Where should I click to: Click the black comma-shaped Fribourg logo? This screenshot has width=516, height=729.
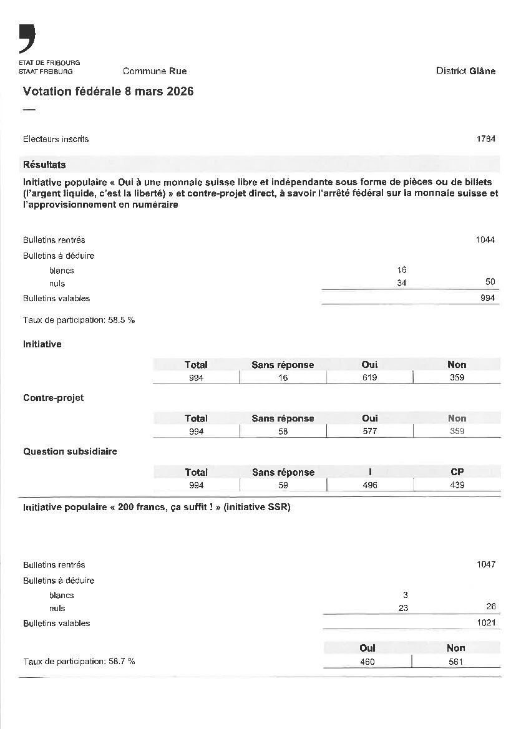[x=27, y=39]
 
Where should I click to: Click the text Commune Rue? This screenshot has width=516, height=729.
[x=155, y=71]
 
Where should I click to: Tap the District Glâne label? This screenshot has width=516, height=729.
[x=465, y=71]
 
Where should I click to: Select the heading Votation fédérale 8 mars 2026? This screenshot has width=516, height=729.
[x=108, y=92]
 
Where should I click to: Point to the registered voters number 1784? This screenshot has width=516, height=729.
[x=486, y=139]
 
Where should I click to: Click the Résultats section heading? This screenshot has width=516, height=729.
[x=44, y=165]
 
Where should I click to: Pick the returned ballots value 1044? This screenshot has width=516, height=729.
[x=485, y=240]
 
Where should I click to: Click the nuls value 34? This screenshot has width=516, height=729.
[x=401, y=283]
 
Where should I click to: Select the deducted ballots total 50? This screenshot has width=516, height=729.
[x=490, y=282]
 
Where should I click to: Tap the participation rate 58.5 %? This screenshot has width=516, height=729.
[x=79, y=320]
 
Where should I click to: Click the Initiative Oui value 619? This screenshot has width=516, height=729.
[x=369, y=378]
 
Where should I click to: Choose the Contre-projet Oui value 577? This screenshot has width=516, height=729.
[x=369, y=432]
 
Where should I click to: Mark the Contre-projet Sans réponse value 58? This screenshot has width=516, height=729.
[x=283, y=432]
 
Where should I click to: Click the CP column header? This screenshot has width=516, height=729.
[x=457, y=472]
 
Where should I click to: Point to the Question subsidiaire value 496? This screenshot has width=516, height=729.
[x=369, y=485]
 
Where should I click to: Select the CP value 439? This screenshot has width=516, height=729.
[x=457, y=485]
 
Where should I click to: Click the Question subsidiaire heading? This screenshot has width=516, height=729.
[x=70, y=451]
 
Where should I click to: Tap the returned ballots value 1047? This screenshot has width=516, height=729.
[x=485, y=564]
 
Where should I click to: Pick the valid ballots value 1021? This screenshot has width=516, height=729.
[x=486, y=622]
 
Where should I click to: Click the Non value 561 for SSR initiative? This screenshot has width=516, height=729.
[x=455, y=662]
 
